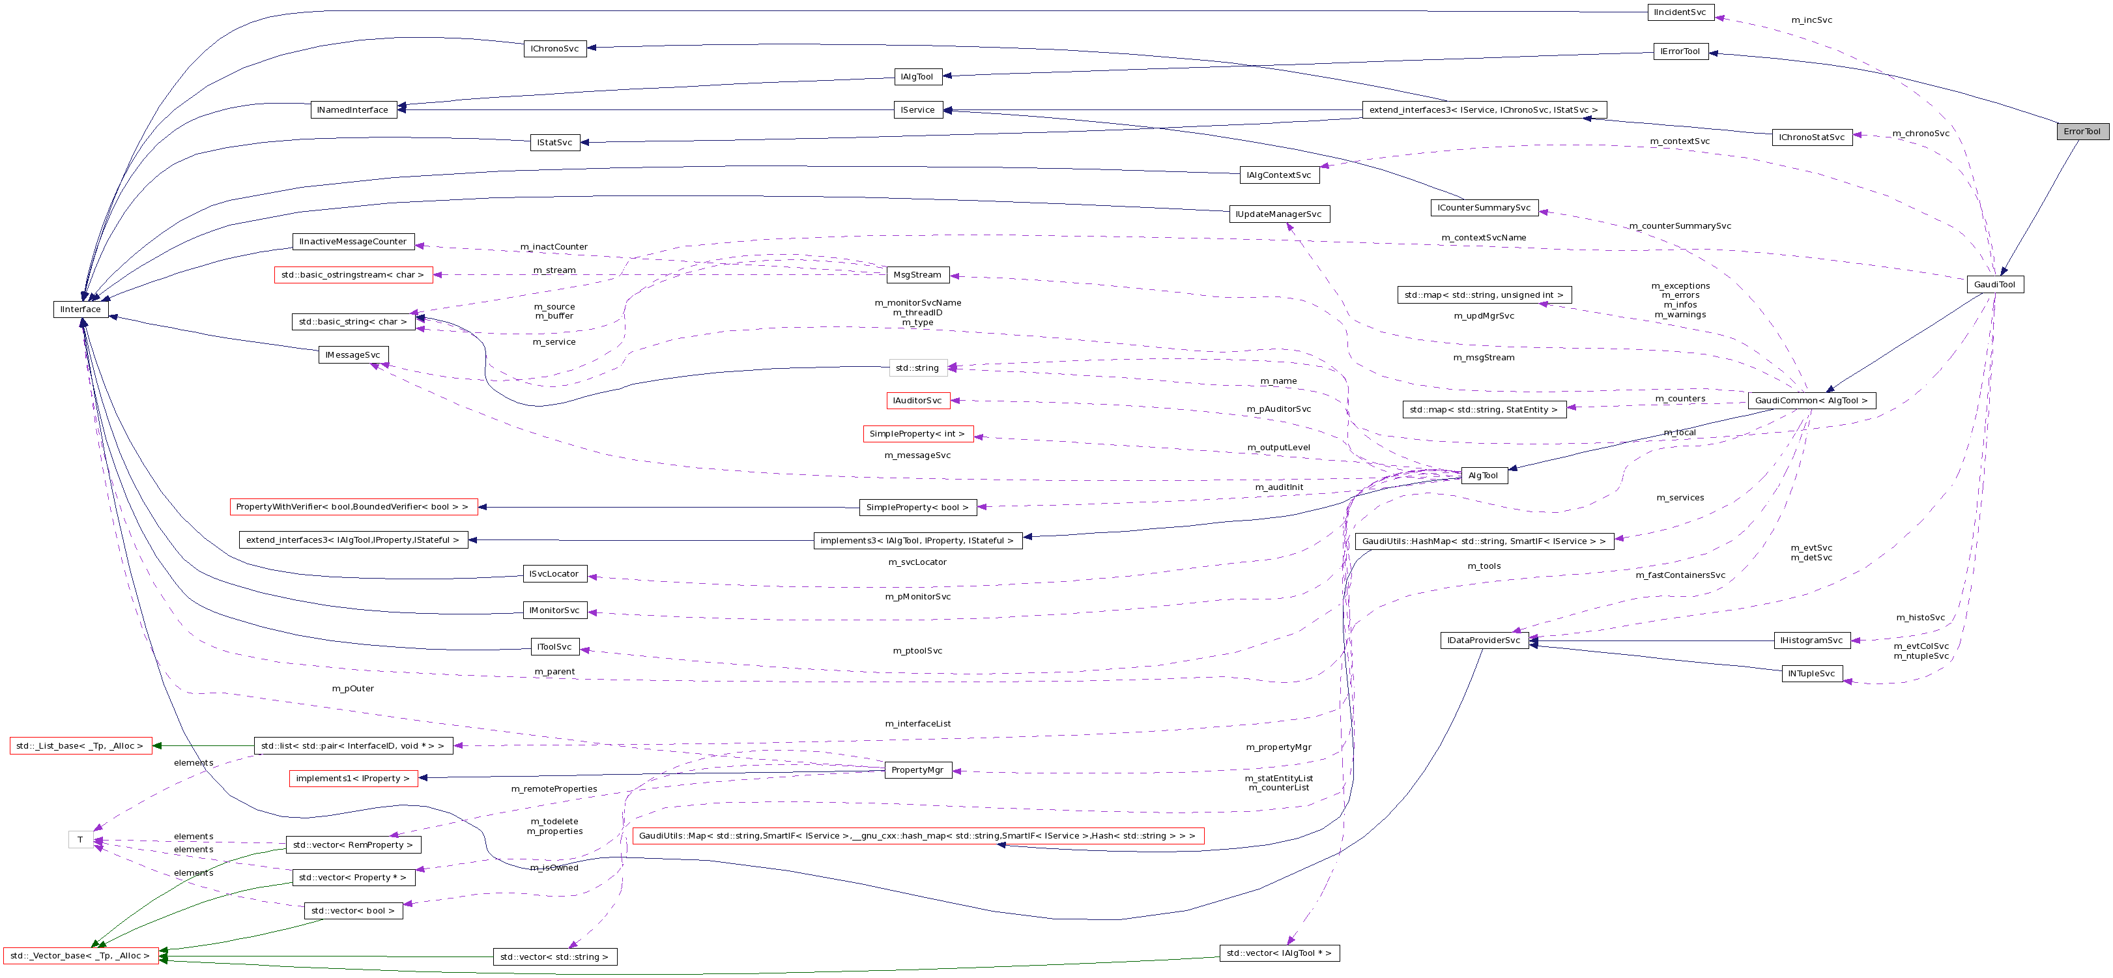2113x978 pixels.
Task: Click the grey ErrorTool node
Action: point(2081,131)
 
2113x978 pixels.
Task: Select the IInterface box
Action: point(80,309)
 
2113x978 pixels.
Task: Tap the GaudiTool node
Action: point(1994,285)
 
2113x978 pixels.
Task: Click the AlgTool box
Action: point(1483,476)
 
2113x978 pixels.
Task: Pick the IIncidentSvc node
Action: point(1680,12)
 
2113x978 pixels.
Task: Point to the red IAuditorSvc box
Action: point(917,401)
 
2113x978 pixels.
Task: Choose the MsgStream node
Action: point(917,275)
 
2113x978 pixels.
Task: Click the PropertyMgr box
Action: point(917,769)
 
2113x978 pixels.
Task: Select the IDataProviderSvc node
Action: point(1483,640)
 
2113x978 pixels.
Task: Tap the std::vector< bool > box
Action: point(352,911)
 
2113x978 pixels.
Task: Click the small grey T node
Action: point(79,839)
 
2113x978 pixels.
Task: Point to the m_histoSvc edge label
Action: point(1920,617)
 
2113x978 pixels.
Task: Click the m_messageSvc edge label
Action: point(917,455)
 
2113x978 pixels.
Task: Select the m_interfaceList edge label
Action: point(917,724)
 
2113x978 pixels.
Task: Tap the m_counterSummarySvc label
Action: point(1680,225)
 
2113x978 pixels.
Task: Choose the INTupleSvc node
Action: point(1812,674)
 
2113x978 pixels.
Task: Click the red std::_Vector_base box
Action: point(80,955)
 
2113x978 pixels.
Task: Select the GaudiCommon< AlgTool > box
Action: point(1811,401)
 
